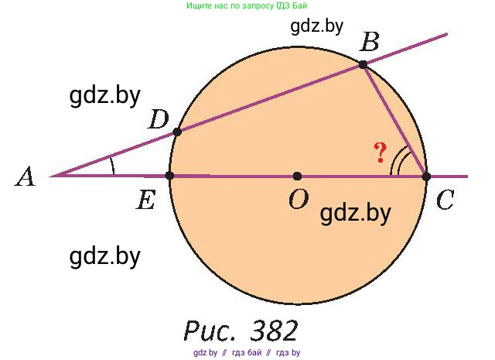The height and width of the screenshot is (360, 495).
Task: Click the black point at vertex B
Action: [364, 66]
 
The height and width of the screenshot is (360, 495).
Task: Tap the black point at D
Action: [177, 132]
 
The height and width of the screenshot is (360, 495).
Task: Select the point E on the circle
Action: [170, 176]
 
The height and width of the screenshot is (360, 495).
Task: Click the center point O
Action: [298, 177]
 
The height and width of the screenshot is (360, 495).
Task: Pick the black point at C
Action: [426, 177]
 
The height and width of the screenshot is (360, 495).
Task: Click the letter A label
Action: [26, 178]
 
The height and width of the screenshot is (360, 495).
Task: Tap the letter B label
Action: [370, 43]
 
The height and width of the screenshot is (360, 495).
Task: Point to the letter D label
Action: [159, 119]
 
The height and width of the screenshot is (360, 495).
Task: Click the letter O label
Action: [298, 200]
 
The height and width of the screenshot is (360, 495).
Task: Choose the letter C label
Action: [445, 201]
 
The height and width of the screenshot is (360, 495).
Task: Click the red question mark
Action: [380, 153]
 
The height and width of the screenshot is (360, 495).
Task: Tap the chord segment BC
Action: [394, 121]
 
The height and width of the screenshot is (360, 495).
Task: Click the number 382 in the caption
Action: [275, 331]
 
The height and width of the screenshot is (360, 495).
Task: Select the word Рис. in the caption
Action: [211, 331]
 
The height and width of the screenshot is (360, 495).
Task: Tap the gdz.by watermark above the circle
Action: [317, 26]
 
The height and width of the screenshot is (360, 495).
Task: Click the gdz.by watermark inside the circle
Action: [355, 212]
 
